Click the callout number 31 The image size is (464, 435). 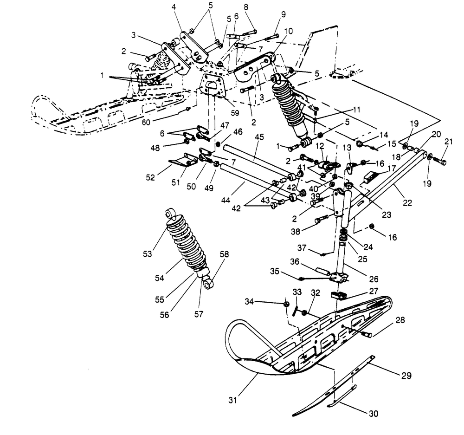click(233, 400)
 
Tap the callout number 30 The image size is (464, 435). click(374, 413)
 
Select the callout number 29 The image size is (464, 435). click(406, 376)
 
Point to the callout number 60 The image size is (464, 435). click(146, 122)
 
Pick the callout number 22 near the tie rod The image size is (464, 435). click(407, 203)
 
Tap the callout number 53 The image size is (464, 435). click(148, 254)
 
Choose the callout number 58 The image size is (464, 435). click(224, 254)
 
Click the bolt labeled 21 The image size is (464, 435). click(439, 162)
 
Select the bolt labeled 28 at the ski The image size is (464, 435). click(367, 334)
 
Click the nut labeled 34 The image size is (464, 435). click(286, 304)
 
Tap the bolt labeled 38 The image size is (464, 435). click(322, 219)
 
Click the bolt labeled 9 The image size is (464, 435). click(272, 37)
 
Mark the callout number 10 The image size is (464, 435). click(289, 31)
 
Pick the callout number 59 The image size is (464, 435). click(235, 113)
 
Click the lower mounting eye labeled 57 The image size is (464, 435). click(209, 283)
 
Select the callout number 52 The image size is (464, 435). click(150, 177)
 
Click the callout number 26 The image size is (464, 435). click(374, 279)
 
